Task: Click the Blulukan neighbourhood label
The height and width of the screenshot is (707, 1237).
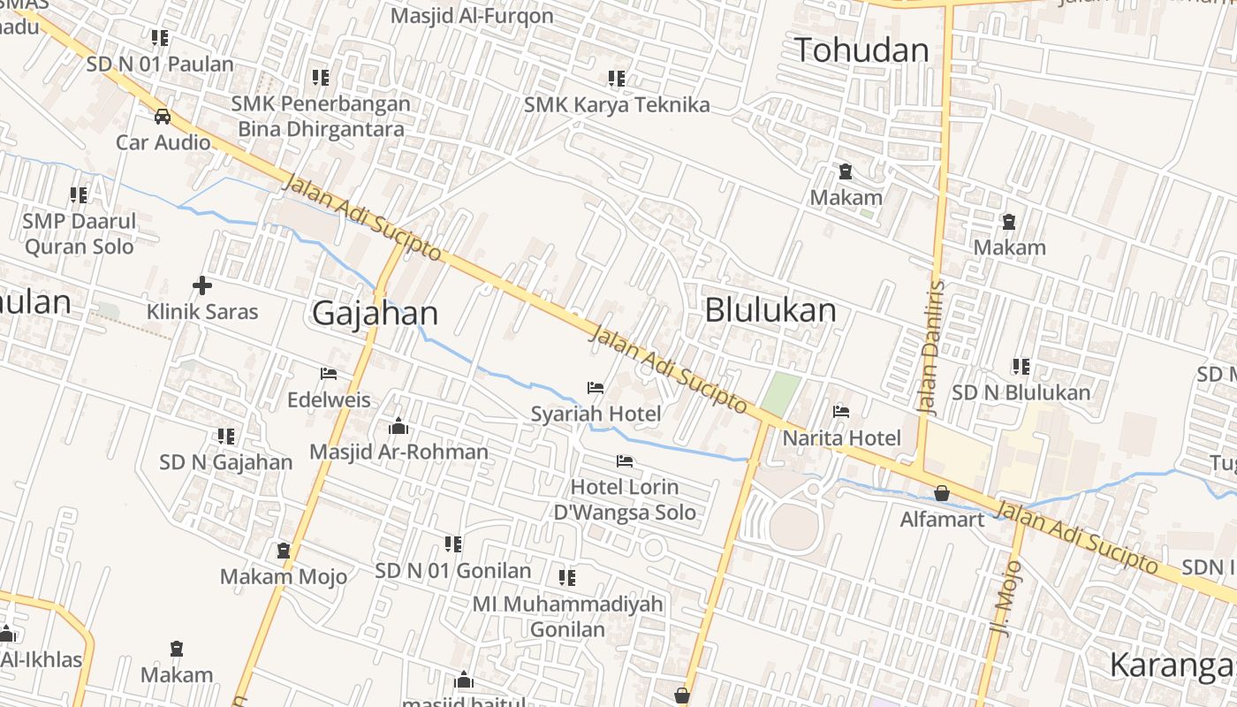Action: click(x=770, y=310)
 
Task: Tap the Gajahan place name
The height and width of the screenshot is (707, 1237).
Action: click(x=376, y=313)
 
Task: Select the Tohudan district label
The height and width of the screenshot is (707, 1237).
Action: click(x=861, y=49)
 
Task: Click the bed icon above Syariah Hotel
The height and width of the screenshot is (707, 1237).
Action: click(x=596, y=388)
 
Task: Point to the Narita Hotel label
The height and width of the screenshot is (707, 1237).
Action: click(x=842, y=437)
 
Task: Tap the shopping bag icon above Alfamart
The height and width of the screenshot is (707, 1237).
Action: click(x=942, y=493)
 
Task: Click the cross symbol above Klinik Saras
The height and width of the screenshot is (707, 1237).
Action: click(x=202, y=285)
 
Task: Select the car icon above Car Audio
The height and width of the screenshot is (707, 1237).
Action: click(x=163, y=116)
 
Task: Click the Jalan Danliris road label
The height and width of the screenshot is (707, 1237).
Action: click(x=931, y=347)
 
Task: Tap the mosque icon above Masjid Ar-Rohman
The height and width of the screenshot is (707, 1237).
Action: click(x=398, y=427)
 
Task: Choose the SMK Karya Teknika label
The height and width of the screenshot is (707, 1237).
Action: click(x=617, y=104)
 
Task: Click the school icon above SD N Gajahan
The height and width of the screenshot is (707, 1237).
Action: click(x=226, y=437)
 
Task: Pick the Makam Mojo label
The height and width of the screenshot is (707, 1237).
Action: click(x=283, y=577)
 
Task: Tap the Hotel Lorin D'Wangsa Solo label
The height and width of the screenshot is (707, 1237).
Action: click(x=625, y=499)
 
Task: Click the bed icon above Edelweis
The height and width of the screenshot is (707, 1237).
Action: click(x=329, y=374)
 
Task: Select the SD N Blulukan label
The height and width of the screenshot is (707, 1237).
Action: click(x=1021, y=392)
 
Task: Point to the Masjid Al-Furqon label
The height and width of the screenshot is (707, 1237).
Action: click(x=472, y=15)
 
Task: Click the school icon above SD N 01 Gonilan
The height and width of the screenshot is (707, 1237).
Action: click(x=453, y=544)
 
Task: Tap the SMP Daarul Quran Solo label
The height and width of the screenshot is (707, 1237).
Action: click(x=80, y=233)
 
